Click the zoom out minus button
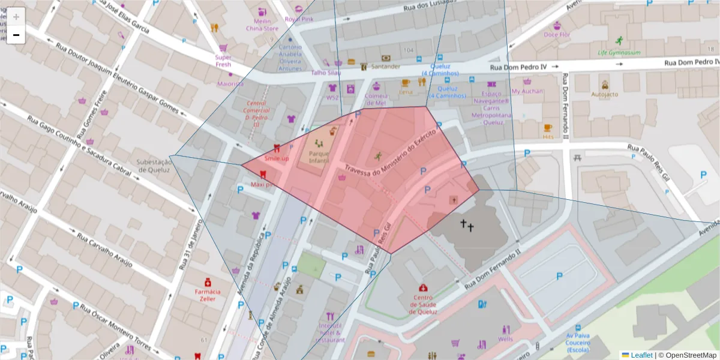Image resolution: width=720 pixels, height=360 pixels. pyautogui.click(x=16, y=35)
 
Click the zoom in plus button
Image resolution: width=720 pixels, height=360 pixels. pyautogui.click(x=16, y=17)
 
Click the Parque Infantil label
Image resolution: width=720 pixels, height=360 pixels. pyautogui.click(x=319, y=157)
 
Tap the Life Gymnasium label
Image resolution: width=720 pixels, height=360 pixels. pyautogui.click(x=619, y=52)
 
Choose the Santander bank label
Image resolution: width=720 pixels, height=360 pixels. pyautogui.click(x=385, y=67)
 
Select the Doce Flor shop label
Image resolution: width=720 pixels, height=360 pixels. pyautogui.click(x=557, y=35)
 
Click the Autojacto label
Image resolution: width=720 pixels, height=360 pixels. pyautogui.click(x=604, y=94)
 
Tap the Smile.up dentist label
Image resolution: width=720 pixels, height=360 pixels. pyautogui.click(x=277, y=158)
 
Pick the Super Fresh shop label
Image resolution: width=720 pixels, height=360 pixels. pyautogui.click(x=223, y=61)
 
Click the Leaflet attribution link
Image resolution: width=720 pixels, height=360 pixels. pyautogui.click(x=641, y=355)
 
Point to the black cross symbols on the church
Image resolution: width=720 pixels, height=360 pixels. pyautogui.click(x=467, y=226)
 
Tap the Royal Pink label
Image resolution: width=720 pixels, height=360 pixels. pyautogui.click(x=299, y=19)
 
